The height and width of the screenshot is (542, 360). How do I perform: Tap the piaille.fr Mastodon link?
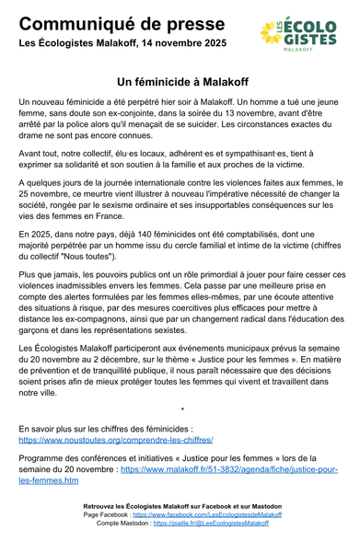(212, 523)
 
